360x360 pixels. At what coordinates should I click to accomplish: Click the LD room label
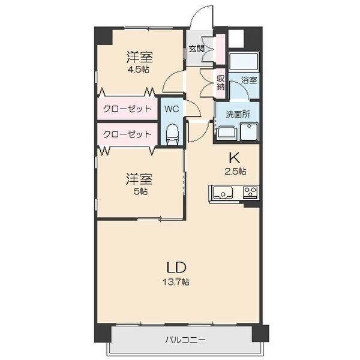click(176, 267)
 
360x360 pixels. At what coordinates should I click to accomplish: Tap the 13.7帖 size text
click(176, 282)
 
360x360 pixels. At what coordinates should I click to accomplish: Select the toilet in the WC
click(172, 134)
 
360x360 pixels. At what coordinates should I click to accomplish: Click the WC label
click(172, 109)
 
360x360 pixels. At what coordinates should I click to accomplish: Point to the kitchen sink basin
click(223, 193)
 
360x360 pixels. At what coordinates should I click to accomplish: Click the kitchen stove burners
click(250, 192)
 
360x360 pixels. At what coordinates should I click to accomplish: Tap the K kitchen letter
click(234, 157)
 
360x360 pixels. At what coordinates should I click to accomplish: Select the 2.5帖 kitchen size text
click(236, 171)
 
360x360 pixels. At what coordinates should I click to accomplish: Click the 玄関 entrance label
click(197, 49)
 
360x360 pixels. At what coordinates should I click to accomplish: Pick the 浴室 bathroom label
click(249, 80)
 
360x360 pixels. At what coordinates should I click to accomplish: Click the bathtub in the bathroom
click(244, 61)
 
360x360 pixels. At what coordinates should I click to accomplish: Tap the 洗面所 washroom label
click(238, 114)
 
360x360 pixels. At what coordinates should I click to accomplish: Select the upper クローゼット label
click(127, 109)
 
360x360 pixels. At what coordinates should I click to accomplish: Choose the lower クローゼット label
click(127, 134)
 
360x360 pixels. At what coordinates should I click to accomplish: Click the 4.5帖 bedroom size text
click(138, 69)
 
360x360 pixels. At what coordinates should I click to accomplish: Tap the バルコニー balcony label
click(185, 340)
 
